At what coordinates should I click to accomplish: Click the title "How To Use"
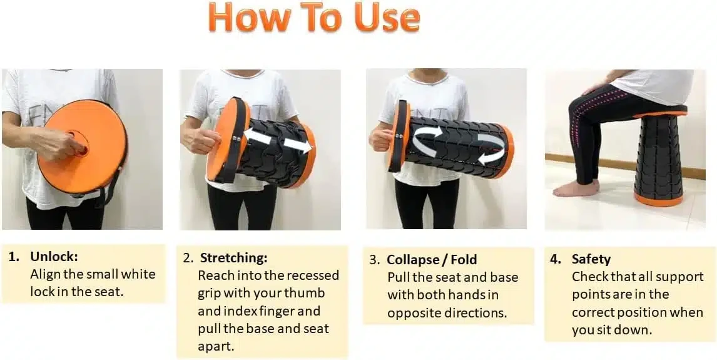click(314, 18)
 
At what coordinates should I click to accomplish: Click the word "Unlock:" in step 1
click(54, 257)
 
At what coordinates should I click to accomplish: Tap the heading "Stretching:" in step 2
click(233, 258)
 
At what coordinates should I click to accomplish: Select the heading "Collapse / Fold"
click(432, 260)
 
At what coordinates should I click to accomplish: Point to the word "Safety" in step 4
click(591, 259)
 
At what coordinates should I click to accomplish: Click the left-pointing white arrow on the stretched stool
click(258, 136)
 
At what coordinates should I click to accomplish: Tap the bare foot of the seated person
click(575, 188)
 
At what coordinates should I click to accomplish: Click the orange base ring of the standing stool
click(658, 199)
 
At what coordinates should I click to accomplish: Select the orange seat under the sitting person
click(660, 111)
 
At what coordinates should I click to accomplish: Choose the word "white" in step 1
click(138, 274)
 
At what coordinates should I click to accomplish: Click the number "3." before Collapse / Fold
click(375, 260)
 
